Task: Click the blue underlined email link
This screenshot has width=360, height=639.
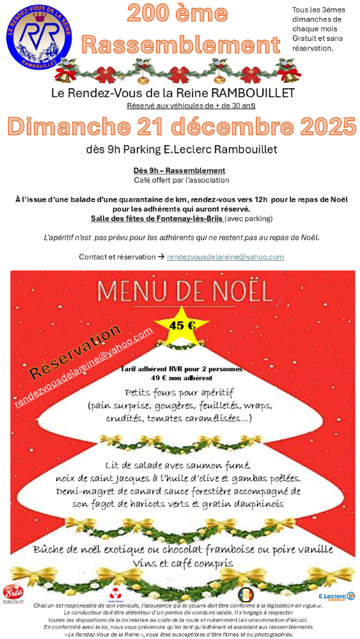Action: tap(225, 257)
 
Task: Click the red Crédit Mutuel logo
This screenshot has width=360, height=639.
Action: tap(116, 594)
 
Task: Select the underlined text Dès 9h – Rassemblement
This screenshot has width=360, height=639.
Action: tap(179, 171)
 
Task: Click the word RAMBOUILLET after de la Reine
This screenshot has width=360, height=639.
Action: tap(254, 93)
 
